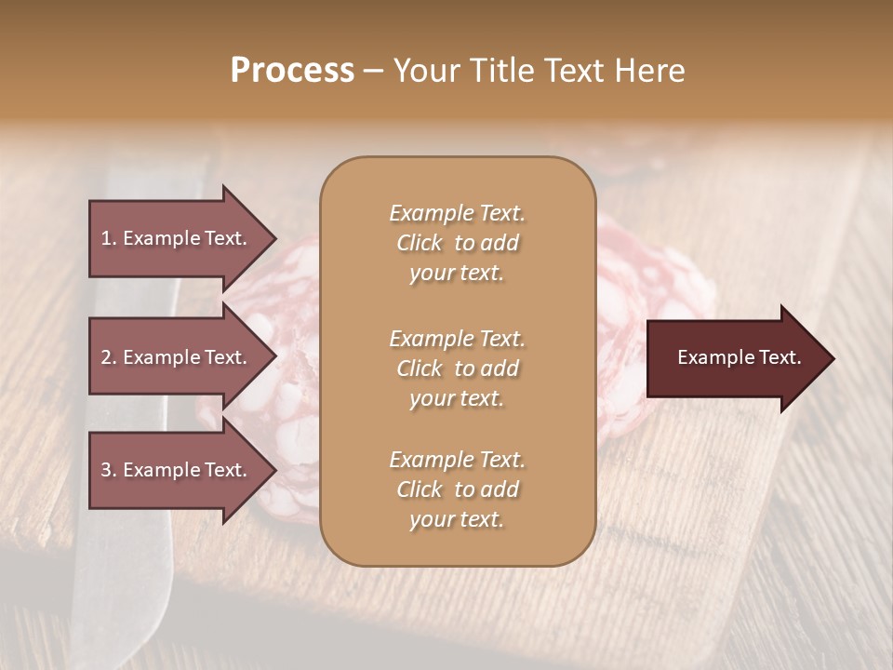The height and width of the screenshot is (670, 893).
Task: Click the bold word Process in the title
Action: click(x=292, y=71)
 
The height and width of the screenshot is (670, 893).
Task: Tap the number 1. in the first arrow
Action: click(x=109, y=238)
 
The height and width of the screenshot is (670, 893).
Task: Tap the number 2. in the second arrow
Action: click(x=109, y=357)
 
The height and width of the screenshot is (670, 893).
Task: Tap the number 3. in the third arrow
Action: click(x=109, y=470)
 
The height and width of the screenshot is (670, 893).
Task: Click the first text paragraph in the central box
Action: click(x=457, y=243)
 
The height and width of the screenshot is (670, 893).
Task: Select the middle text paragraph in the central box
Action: click(x=457, y=368)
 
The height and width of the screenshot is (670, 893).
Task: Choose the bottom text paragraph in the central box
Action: click(x=457, y=489)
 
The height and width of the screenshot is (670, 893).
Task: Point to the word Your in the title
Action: click(x=424, y=71)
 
